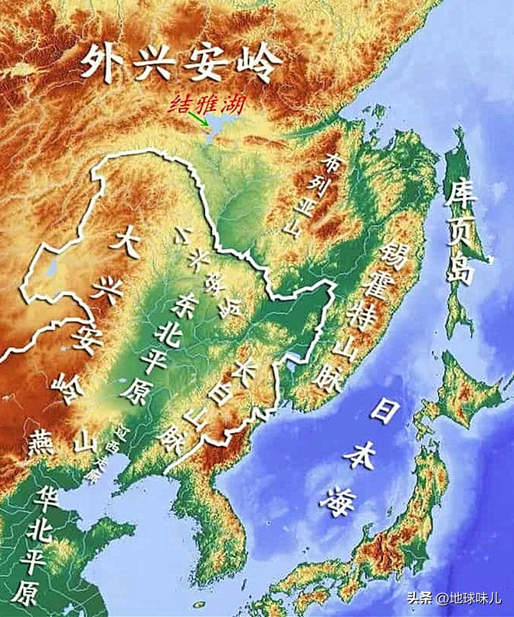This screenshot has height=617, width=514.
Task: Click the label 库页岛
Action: pyautogui.click(x=462, y=231)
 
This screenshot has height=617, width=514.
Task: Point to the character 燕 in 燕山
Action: pyautogui.click(x=39, y=441)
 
